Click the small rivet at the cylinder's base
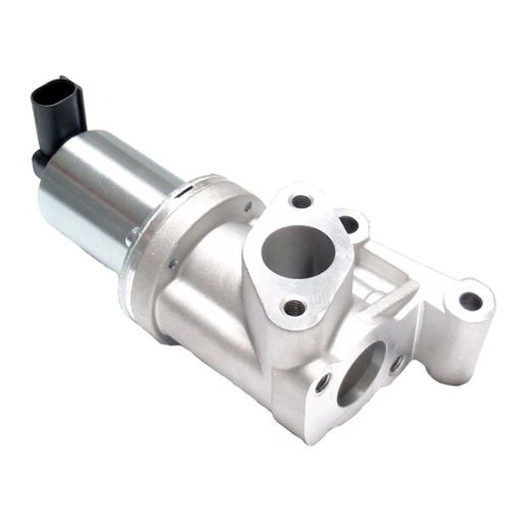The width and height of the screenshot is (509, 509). (x=131, y=240)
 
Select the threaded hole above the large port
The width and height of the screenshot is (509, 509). (x=301, y=201)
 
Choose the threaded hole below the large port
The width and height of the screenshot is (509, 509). (x=294, y=308)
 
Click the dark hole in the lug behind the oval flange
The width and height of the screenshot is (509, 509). (x=349, y=224)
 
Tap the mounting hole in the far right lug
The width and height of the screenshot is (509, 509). (x=470, y=300)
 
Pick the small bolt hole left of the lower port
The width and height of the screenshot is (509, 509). (x=322, y=383)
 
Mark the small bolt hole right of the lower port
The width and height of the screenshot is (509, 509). (x=396, y=363)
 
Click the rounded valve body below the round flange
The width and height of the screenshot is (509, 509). (x=204, y=305)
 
